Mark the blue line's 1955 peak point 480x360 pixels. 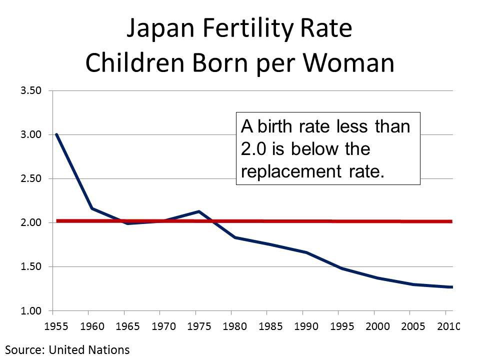point(56,134)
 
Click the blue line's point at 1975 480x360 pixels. point(199,211)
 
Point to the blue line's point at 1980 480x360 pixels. point(234,237)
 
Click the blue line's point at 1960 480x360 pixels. point(92,208)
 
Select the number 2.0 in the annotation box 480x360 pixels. point(253,149)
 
